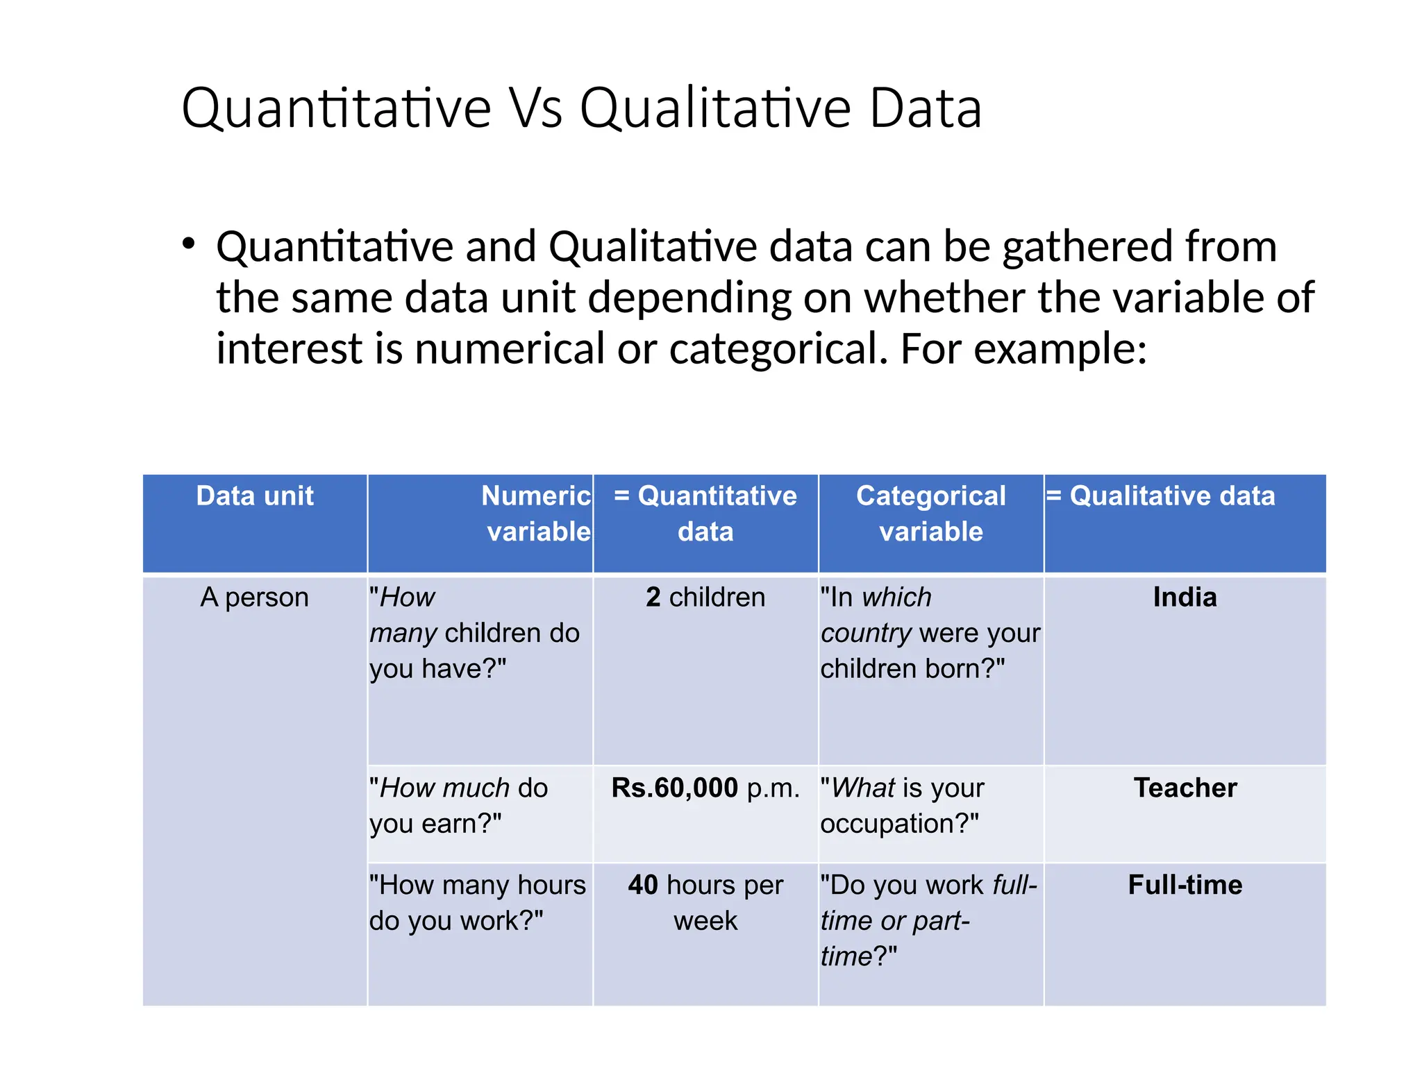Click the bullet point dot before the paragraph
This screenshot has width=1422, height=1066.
[188, 244]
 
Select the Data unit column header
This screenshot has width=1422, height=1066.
[255, 496]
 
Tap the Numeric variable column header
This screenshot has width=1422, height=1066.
[536, 514]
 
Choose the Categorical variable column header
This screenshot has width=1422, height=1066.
[930, 514]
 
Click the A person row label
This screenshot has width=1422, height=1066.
[254, 598]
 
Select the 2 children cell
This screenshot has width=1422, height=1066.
[705, 598]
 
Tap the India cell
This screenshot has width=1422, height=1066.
[1185, 598]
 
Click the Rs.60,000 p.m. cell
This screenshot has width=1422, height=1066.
[705, 788]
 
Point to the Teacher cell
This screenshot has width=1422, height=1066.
[1185, 788]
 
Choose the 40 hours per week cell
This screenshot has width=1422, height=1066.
[705, 903]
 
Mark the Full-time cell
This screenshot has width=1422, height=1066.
[1185, 886]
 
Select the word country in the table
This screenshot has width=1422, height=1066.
[866, 634]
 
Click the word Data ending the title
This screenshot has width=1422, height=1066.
[926, 109]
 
